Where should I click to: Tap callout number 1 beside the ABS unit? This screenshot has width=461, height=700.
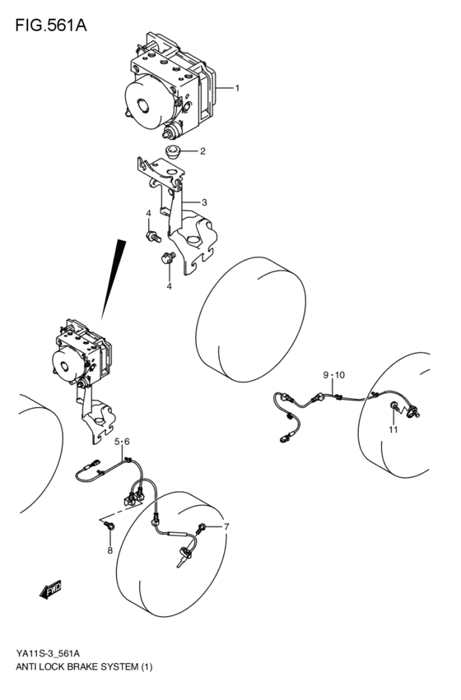pyautogui.click(x=237, y=87)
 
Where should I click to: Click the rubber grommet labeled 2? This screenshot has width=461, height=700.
pyautogui.click(x=173, y=152)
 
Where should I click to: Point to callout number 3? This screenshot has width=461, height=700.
pyautogui.click(x=203, y=202)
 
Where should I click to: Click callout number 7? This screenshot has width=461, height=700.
pyautogui.click(x=226, y=526)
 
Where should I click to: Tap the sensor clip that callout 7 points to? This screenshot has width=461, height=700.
pyautogui.click(x=202, y=527)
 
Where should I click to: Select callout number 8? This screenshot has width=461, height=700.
pyautogui.click(x=109, y=551)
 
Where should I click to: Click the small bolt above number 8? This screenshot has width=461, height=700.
pyautogui.click(x=111, y=524)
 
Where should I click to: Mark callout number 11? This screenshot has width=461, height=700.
pyautogui.click(x=393, y=429)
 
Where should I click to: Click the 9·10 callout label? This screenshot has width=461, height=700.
pyautogui.click(x=334, y=375)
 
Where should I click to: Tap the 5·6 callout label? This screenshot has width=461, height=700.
pyautogui.click(x=122, y=443)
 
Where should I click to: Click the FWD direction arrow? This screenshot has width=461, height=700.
pyautogui.click(x=49, y=588)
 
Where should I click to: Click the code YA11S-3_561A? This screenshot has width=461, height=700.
pyautogui.click(x=54, y=651)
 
